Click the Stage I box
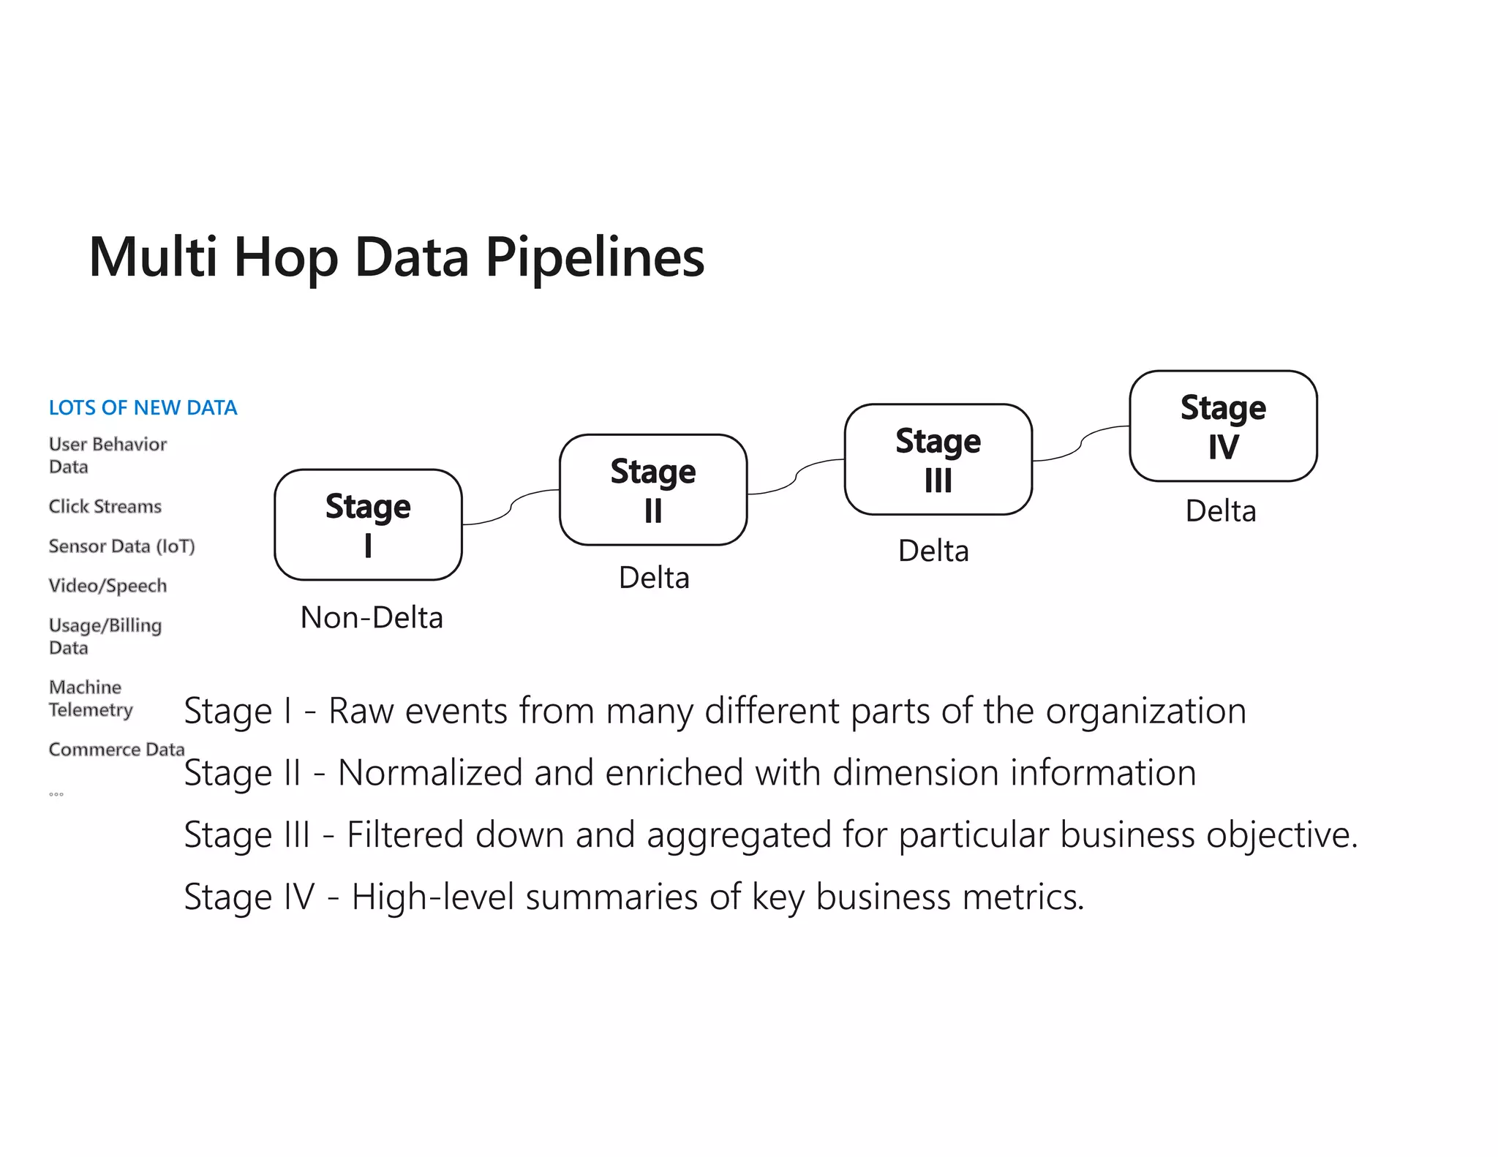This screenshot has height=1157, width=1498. pyautogui.click(x=368, y=524)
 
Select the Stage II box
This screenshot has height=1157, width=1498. pyautogui.click(x=653, y=489)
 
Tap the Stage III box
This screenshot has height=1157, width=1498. pyautogui.click(x=938, y=459)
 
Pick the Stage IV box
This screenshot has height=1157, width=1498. pyautogui.click(x=1223, y=426)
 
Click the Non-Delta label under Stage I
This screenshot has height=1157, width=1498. pyautogui.click(x=372, y=618)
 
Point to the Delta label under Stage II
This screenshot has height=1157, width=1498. pyautogui.click(x=654, y=578)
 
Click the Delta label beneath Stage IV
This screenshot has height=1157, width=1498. pyautogui.click(x=1221, y=510)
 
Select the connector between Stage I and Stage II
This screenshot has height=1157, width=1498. pyautogui.click(x=511, y=506)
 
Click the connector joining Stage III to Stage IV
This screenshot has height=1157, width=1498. pyautogui.click(x=1081, y=443)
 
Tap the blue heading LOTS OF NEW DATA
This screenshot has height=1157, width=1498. pyautogui.click(x=143, y=407)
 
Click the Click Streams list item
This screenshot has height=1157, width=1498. pyautogui.click(x=105, y=506)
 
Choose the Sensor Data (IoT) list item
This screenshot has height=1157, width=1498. pyautogui.click(x=121, y=546)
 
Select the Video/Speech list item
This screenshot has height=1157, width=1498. pyautogui.click(x=108, y=586)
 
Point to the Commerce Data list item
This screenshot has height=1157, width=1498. pyautogui.click(x=116, y=750)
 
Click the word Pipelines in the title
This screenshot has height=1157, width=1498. pyautogui.click(x=594, y=257)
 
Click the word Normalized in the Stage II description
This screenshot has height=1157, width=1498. pyautogui.click(x=429, y=773)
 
